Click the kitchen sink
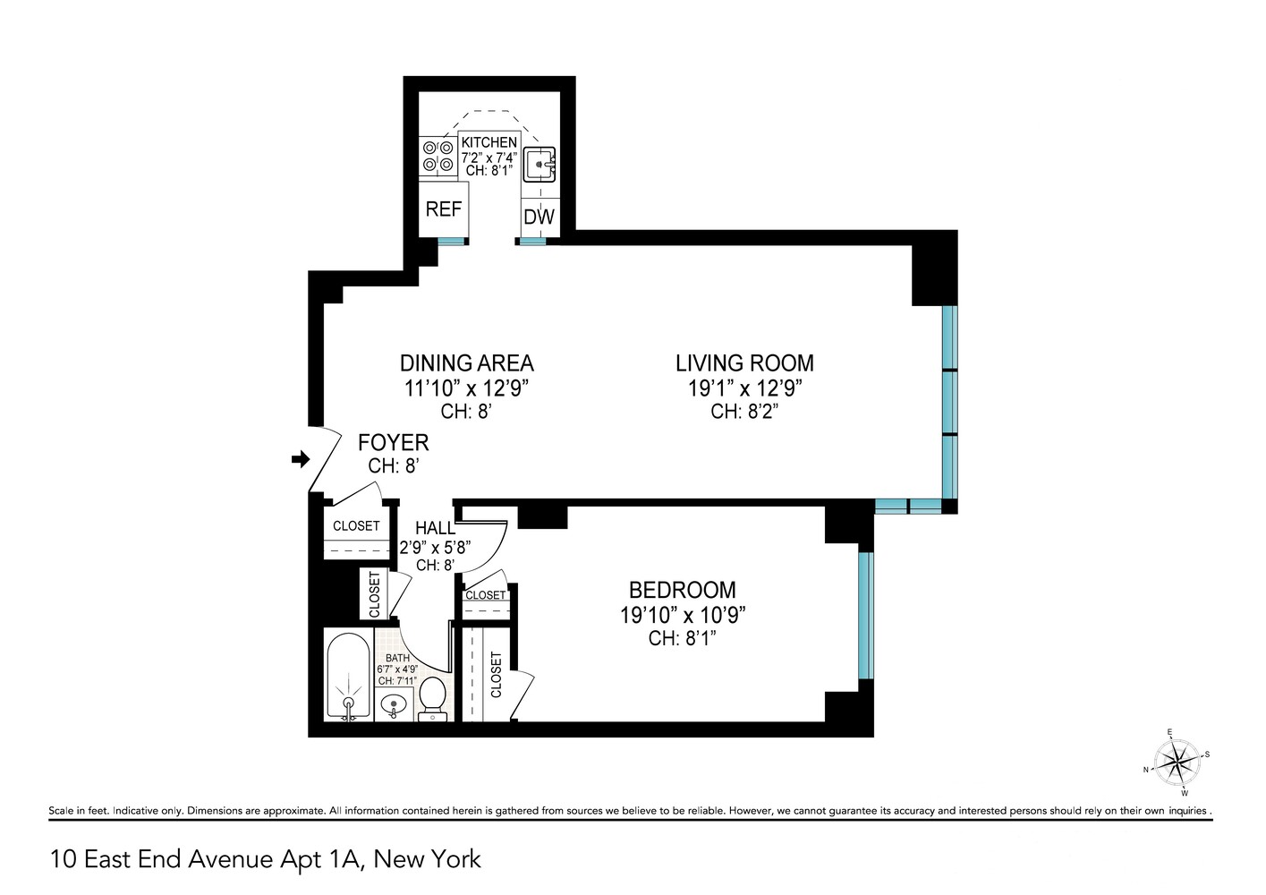coord(540,165)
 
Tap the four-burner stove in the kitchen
coord(438,157)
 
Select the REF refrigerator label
coord(444,209)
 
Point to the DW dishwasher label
coord(540,217)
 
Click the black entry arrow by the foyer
coord(301,459)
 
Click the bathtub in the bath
coord(348,677)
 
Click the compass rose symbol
coord(1177,763)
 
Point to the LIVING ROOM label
coord(744,363)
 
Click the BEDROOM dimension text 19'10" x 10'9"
coord(683,615)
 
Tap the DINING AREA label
coord(467,363)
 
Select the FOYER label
coord(394,442)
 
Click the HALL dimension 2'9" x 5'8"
coord(435,547)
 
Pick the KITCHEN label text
coord(489,142)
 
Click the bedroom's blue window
coord(866,615)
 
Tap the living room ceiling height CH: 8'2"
coord(744,411)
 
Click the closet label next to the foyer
coord(356,525)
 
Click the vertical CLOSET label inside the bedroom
coord(497,675)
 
